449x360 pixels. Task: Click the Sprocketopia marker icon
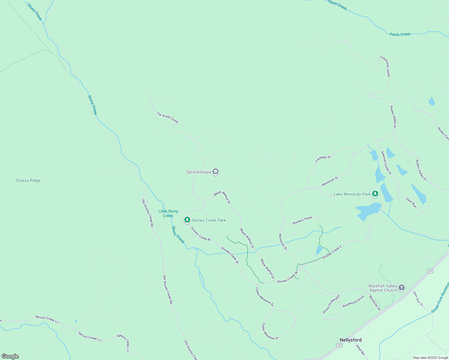coord(215,172)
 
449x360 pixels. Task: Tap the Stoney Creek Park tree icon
coord(187,220)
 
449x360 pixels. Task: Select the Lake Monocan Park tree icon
coord(375,194)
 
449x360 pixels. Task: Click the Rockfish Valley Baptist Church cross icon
coord(402,288)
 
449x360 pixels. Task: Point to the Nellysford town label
coord(351,340)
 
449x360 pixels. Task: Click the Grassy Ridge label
coord(28,180)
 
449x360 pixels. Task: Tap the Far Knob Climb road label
coord(168,118)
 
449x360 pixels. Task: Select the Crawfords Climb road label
coord(385,66)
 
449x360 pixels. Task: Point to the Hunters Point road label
coord(302,220)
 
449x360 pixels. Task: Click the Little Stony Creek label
coord(168,213)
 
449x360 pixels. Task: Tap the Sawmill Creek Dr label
coord(386,163)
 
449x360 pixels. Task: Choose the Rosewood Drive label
coord(354,301)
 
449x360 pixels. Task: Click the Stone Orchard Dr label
coord(331,304)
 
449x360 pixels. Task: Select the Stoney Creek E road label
coord(332,252)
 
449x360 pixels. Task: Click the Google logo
coord(10,356)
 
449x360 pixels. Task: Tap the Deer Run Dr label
coord(418,298)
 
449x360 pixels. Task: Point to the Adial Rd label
coord(360,350)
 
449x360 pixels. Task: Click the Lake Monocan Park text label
coord(352,194)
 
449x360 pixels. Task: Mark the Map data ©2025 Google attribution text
coord(430,358)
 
